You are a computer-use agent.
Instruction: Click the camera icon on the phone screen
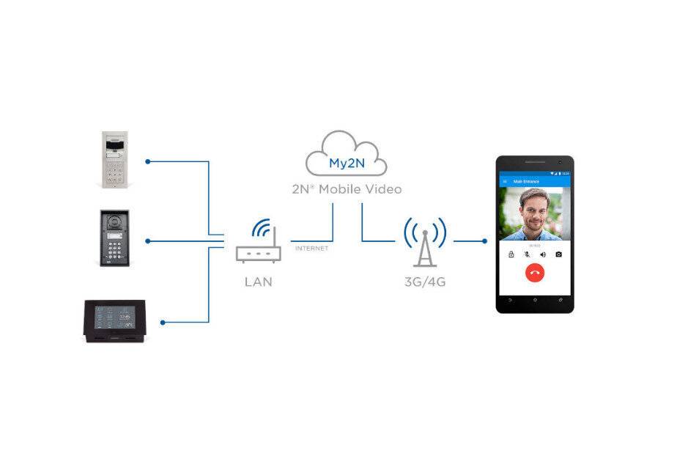point(559,254)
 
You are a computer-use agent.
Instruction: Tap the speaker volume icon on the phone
point(543,254)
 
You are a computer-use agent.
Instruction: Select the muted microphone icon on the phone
point(527,254)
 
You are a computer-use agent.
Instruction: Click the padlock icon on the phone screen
point(511,254)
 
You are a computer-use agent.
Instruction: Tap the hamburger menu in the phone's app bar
point(504,180)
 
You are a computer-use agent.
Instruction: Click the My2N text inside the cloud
point(347,164)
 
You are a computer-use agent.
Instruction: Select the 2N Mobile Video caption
point(347,189)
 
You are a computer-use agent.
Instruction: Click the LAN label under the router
point(258,282)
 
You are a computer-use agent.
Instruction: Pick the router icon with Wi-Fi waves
point(258,242)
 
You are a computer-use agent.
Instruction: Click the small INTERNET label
point(311,249)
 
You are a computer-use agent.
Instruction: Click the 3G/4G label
point(425,282)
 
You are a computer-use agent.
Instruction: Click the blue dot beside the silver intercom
point(147,161)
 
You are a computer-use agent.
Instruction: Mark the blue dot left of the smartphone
point(484,241)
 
